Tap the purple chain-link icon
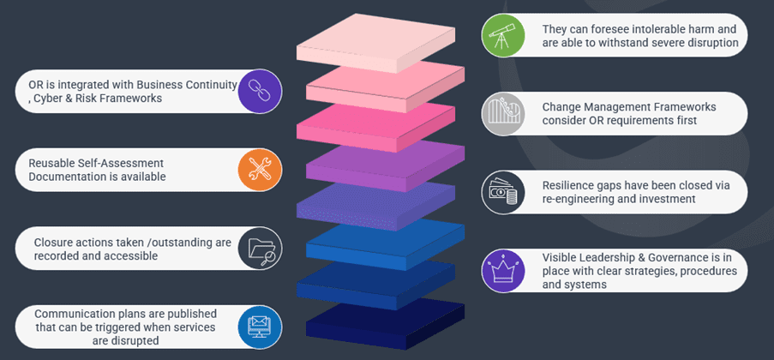tap(254, 92)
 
